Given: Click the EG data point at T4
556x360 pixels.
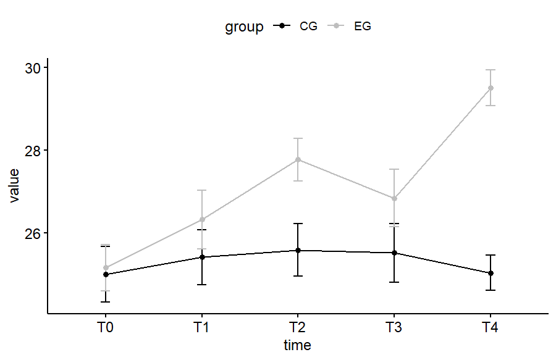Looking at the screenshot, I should [491, 88].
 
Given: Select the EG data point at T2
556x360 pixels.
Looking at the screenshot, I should [298, 159].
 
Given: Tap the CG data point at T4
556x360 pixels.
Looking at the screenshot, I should [491, 273].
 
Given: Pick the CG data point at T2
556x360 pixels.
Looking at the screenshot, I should [298, 250].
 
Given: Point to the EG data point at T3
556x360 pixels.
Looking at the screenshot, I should [394, 198].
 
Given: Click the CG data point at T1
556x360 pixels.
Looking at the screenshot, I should [202, 257].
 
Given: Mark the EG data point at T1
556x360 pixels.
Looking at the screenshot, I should [202, 219].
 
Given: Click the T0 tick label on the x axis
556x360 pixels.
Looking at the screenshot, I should [106, 327].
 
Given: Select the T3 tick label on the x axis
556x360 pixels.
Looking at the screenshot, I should [394, 327].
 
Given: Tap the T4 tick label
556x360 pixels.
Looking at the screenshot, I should [491, 327].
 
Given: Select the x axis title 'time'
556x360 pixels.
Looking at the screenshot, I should [298, 345].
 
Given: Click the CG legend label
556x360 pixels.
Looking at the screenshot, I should [308, 27].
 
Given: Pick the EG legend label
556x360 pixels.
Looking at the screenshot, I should [363, 27].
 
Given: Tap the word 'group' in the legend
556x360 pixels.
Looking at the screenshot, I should [244, 27].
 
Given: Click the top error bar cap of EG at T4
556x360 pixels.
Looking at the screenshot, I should [491, 70].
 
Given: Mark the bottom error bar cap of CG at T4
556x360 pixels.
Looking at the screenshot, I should [491, 290].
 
